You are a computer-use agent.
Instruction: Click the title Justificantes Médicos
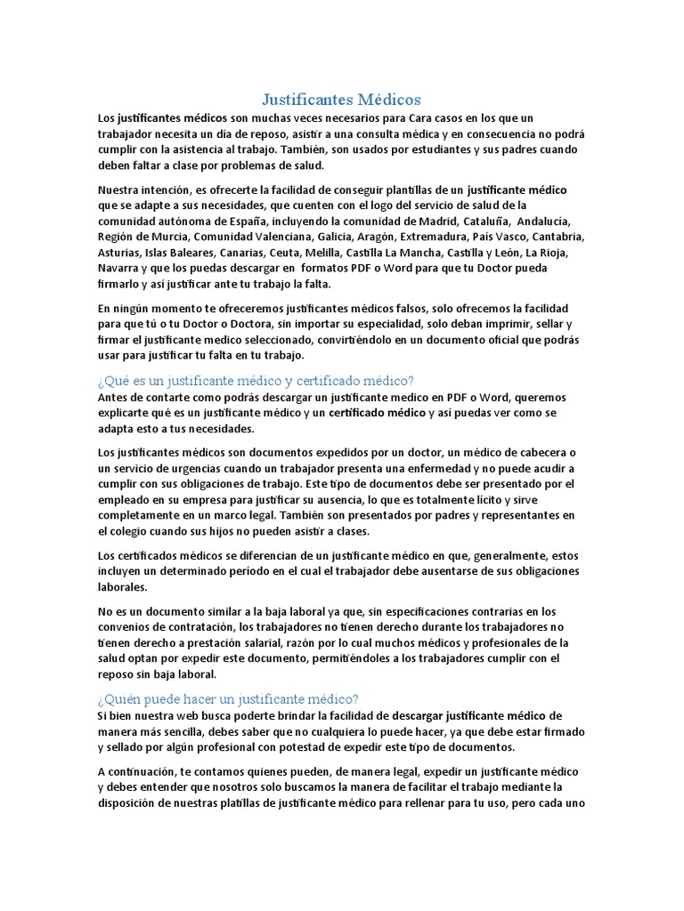341,99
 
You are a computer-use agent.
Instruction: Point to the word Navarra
120,268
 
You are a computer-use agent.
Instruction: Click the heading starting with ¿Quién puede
228,698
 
